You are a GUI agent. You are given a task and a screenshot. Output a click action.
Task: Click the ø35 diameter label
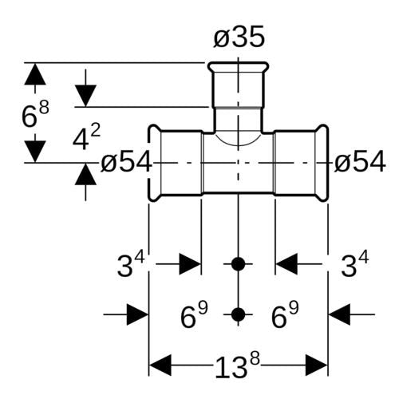(239, 37)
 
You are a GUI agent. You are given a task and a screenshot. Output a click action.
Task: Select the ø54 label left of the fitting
(126, 161)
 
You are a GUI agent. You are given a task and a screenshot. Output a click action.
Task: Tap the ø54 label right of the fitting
(360, 161)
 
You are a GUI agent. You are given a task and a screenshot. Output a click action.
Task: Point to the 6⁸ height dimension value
(35, 114)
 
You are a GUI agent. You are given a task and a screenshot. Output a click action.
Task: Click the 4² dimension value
(87, 137)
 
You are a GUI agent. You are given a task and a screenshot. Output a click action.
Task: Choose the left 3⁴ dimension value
(131, 264)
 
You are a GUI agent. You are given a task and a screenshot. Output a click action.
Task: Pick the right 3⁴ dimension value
(355, 264)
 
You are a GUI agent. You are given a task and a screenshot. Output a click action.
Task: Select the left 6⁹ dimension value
(194, 314)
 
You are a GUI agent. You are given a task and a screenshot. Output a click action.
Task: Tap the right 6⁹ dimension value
(285, 314)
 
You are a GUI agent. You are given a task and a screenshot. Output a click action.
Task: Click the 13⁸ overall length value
(237, 365)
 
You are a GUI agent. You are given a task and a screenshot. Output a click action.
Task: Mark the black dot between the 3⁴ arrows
(238, 264)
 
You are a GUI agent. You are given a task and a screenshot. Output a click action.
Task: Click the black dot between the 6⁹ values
(238, 314)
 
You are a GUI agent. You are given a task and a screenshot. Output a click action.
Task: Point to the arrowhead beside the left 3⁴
(190, 264)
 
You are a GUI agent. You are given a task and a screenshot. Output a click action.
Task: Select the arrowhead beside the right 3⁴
(286, 264)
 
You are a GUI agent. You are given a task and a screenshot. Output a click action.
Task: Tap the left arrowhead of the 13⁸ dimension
(160, 365)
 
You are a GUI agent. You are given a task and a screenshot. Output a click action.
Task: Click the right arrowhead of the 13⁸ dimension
(317, 365)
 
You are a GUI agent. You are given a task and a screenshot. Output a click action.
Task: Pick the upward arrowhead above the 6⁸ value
(35, 74)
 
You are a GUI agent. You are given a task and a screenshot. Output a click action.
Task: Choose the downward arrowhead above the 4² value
(85, 96)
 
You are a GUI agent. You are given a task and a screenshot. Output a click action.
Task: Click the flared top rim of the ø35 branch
(238, 66)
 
